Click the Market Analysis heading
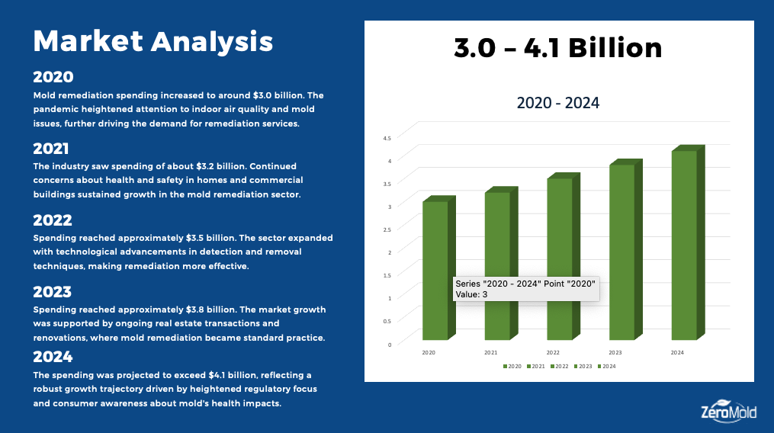153,41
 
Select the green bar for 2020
435,244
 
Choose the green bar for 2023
622,252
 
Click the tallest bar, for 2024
684,244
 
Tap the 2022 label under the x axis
553,353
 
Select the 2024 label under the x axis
677,353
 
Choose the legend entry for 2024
607,367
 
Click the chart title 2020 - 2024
558,103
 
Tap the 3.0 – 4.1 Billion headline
558,49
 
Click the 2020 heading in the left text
53,77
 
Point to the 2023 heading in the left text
53,292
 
